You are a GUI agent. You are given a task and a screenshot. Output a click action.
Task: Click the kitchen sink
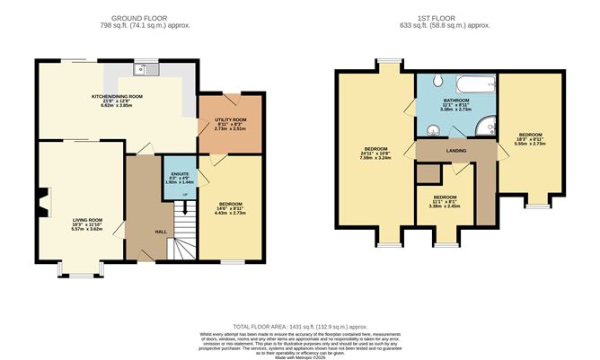click(x=142, y=69)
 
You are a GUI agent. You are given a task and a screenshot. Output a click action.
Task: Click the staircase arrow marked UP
click(x=185, y=193)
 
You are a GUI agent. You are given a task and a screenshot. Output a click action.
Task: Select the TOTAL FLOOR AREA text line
click(x=300, y=325)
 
